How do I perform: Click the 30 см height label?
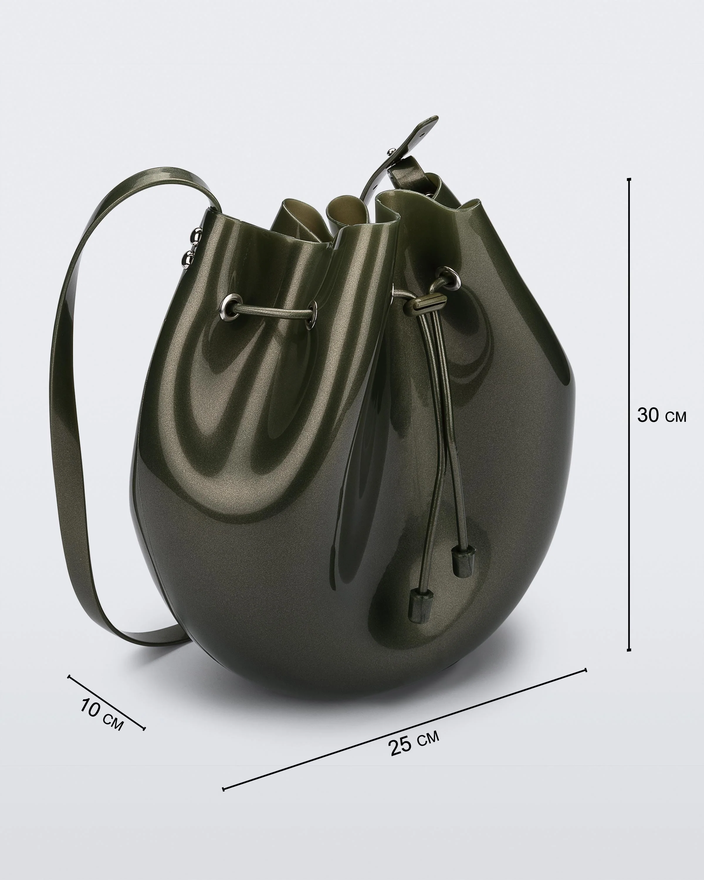(661, 416)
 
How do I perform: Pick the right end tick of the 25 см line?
(586, 670)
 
